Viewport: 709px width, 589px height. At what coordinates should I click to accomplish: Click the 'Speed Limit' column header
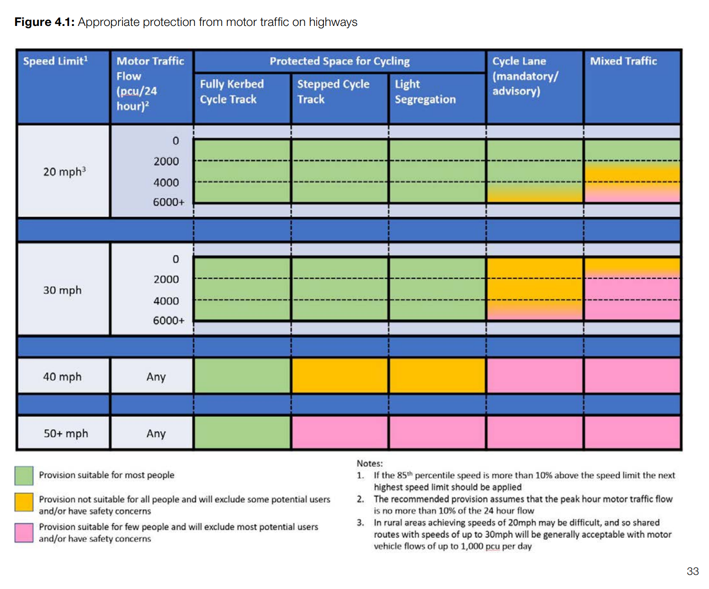tap(55, 61)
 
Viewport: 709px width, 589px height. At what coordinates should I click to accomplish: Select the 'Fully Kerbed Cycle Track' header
tap(231, 91)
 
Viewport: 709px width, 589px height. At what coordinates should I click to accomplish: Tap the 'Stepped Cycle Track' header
tap(333, 91)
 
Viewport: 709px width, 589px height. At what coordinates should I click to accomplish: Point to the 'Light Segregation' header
tap(425, 91)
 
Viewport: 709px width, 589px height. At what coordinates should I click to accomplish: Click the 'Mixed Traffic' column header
tap(623, 61)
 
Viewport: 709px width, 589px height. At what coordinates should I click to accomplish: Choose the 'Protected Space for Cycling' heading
tap(339, 61)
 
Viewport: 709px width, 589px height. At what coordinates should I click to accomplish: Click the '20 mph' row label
tap(64, 172)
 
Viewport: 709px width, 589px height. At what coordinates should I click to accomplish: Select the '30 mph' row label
tap(62, 290)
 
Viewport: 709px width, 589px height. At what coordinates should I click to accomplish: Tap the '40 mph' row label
tap(62, 376)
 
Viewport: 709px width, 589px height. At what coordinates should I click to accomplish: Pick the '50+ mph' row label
tap(66, 433)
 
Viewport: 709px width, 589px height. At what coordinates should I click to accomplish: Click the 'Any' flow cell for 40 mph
tap(156, 376)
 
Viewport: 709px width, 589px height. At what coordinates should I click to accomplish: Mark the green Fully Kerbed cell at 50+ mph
tap(242, 433)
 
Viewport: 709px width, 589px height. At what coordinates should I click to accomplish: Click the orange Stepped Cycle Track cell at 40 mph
tap(340, 376)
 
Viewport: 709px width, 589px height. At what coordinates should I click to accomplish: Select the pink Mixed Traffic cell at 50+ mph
tap(632, 433)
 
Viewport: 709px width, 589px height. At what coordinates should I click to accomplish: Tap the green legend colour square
tap(24, 475)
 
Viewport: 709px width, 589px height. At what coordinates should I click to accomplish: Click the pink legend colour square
tap(24, 533)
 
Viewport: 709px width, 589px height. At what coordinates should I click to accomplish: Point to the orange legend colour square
tap(24, 503)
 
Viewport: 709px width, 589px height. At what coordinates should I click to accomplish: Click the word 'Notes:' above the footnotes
tap(370, 463)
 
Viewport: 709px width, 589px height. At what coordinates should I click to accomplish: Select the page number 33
tap(692, 571)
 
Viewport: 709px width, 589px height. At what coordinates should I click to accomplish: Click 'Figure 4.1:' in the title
tap(44, 22)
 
